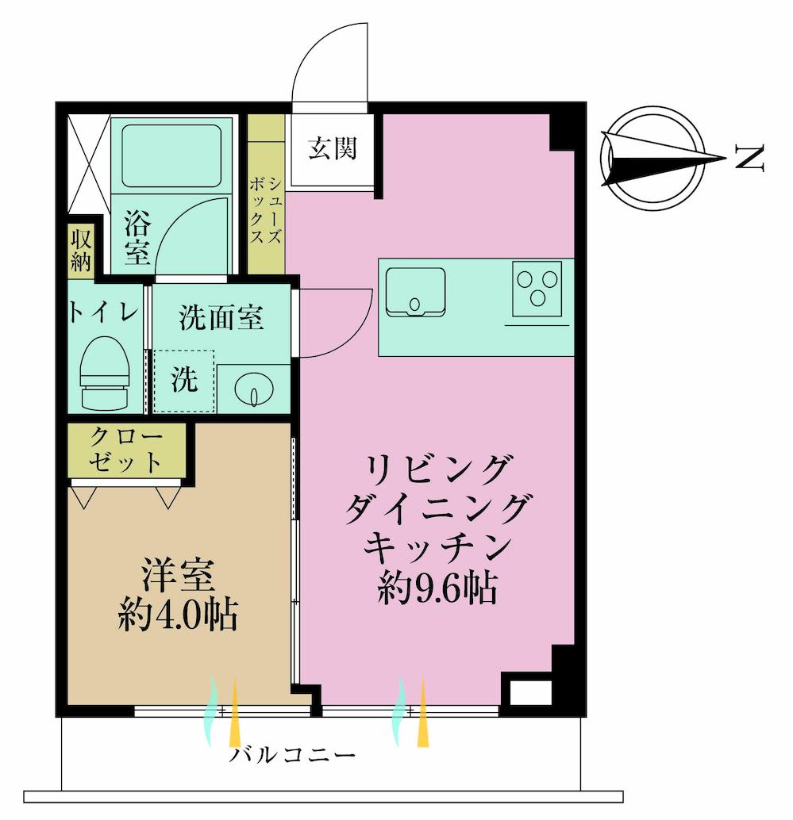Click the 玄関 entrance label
click(x=332, y=148)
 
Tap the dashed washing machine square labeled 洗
click(x=184, y=381)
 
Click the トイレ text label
click(x=103, y=312)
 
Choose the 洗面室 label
click(x=221, y=318)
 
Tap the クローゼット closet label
click(x=127, y=449)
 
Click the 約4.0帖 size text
click(x=178, y=614)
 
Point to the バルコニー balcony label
click(x=292, y=754)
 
